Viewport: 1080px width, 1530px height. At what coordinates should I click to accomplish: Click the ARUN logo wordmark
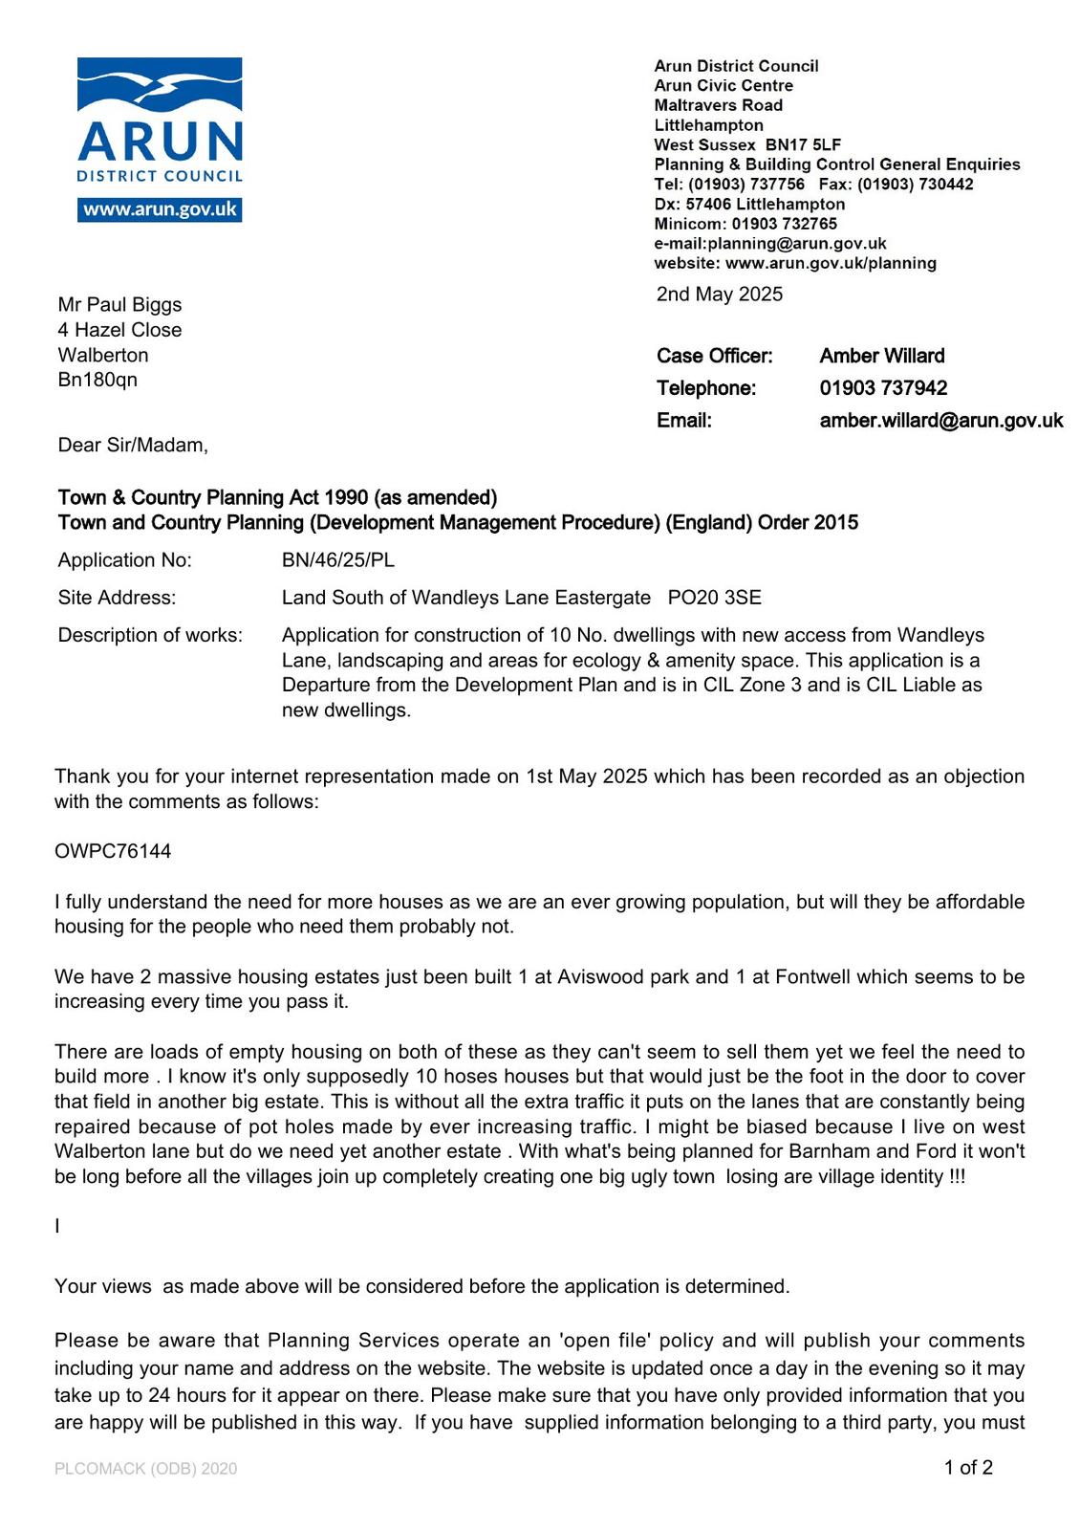pyautogui.click(x=160, y=142)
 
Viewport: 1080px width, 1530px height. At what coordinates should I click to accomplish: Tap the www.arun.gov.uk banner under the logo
pyautogui.click(x=160, y=210)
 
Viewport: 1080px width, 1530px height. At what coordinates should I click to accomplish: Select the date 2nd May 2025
pyautogui.click(x=719, y=294)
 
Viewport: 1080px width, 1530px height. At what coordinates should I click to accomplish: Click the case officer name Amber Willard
pyautogui.click(x=881, y=356)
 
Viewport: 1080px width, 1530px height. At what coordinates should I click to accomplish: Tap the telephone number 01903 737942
pyautogui.click(x=883, y=388)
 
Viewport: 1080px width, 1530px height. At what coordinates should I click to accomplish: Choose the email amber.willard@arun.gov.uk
pyautogui.click(x=940, y=421)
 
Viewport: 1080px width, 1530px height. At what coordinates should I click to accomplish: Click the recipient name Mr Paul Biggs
pyautogui.click(x=119, y=305)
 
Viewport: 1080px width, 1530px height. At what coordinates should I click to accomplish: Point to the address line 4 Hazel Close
pyautogui.click(x=119, y=330)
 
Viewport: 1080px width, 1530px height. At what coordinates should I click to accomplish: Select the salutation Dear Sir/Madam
pyautogui.click(x=132, y=446)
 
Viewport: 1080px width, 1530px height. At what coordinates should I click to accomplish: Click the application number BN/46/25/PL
pyautogui.click(x=337, y=560)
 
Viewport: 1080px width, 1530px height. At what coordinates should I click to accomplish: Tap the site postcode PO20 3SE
pyautogui.click(x=714, y=598)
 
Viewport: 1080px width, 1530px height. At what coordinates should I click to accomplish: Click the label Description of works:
pyautogui.click(x=150, y=635)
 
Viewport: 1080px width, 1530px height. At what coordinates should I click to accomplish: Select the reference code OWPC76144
pyautogui.click(x=113, y=851)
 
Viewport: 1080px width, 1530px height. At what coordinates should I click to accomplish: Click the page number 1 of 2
pyautogui.click(x=968, y=1467)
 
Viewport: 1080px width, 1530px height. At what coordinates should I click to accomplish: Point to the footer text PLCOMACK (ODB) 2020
pyautogui.click(x=145, y=1469)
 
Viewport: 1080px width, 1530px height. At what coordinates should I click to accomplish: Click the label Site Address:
pyautogui.click(x=117, y=598)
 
